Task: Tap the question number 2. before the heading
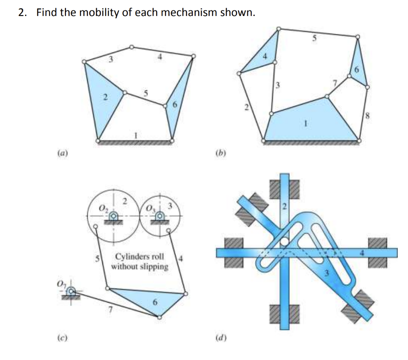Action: [23, 12]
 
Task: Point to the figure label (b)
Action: [218, 152]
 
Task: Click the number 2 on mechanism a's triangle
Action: [104, 96]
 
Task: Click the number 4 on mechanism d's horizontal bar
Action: [362, 252]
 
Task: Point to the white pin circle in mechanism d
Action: [284, 241]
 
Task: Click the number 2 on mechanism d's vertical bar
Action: [284, 206]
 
